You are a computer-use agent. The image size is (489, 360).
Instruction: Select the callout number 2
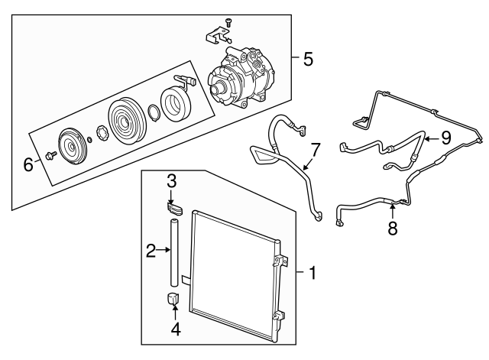point(151,249)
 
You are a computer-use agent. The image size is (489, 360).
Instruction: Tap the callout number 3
point(173,181)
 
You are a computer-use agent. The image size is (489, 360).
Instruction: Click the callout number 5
point(307,59)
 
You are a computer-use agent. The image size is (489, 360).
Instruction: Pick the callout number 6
point(28,163)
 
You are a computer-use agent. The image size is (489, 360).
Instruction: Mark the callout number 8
point(392,229)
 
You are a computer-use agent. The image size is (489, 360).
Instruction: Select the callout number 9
point(446,138)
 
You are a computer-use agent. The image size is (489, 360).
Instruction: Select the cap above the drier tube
point(176,207)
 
